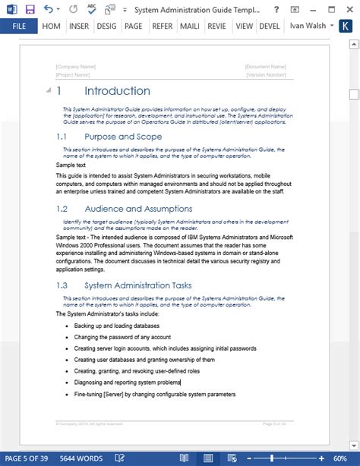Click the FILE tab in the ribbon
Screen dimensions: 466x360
20,26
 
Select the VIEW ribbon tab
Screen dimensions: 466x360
244,26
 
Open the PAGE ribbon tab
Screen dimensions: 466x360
133,26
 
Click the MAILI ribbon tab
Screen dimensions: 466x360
189,26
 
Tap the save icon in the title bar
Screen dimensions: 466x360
30,9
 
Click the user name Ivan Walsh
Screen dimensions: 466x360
308,26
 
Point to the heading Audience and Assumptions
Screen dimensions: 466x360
138,208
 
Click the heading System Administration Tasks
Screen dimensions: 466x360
138,285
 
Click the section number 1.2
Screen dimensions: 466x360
62,208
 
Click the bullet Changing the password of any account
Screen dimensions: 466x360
122,337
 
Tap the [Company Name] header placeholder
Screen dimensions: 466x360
76,67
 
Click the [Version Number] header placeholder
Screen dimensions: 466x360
265,74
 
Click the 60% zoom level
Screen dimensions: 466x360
347,458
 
